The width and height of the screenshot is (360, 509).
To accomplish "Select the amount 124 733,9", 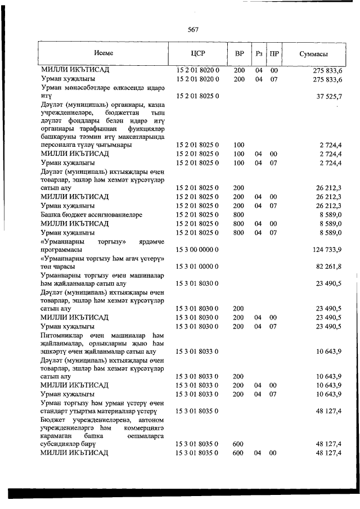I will [327, 249].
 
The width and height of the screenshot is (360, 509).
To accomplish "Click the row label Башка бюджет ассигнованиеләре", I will [91, 214].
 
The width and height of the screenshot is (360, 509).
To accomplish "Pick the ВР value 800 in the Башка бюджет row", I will [238, 214].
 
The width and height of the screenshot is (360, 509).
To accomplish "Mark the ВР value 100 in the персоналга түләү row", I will [238, 145].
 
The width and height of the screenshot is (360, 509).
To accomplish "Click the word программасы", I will [62, 249].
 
